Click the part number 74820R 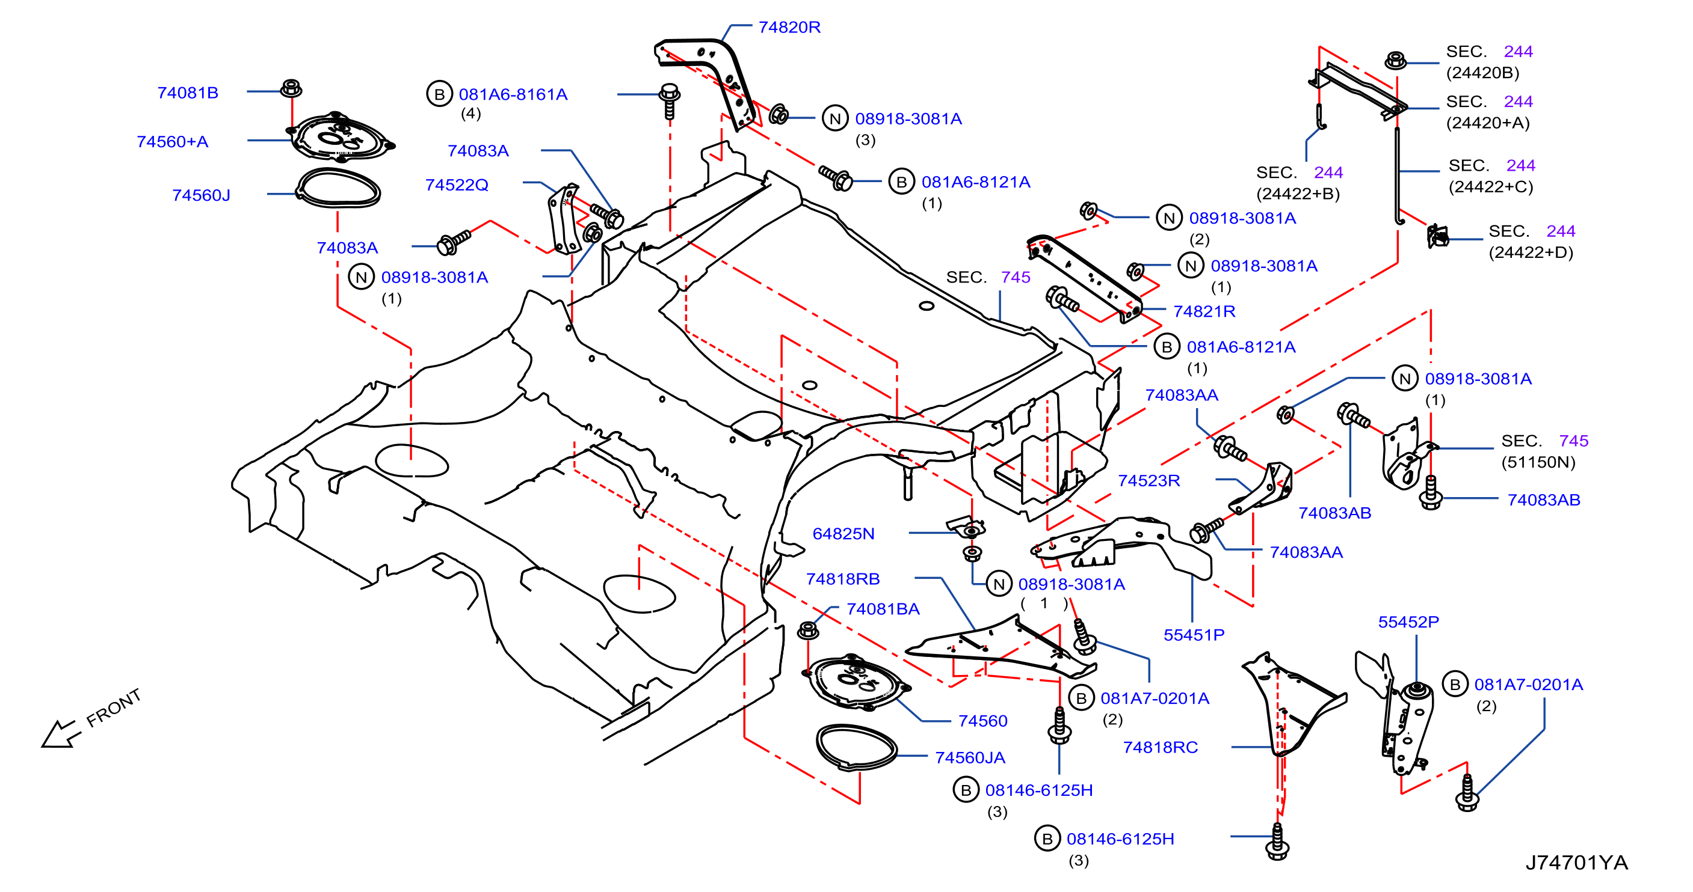tap(789, 28)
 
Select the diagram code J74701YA tap(1577, 863)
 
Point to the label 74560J tap(201, 196)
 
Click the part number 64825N tap(843, 534)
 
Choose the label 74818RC tap(1160, 748)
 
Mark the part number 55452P tap(1408, 622)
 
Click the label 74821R tap(1204, 311)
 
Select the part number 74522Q tap(457, 185)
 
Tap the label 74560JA tap(970, 758)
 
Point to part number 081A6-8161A tap(513, 94)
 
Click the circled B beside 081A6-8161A tap(440, 94)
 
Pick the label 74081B tap(187, 93)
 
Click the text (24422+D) tap(1531, 253)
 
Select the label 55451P tap(1194, 635)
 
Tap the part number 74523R tap(1149, 481)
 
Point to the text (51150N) tap(1538, 462)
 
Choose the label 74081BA tap(883, 609)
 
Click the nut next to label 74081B tap(291, 88)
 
